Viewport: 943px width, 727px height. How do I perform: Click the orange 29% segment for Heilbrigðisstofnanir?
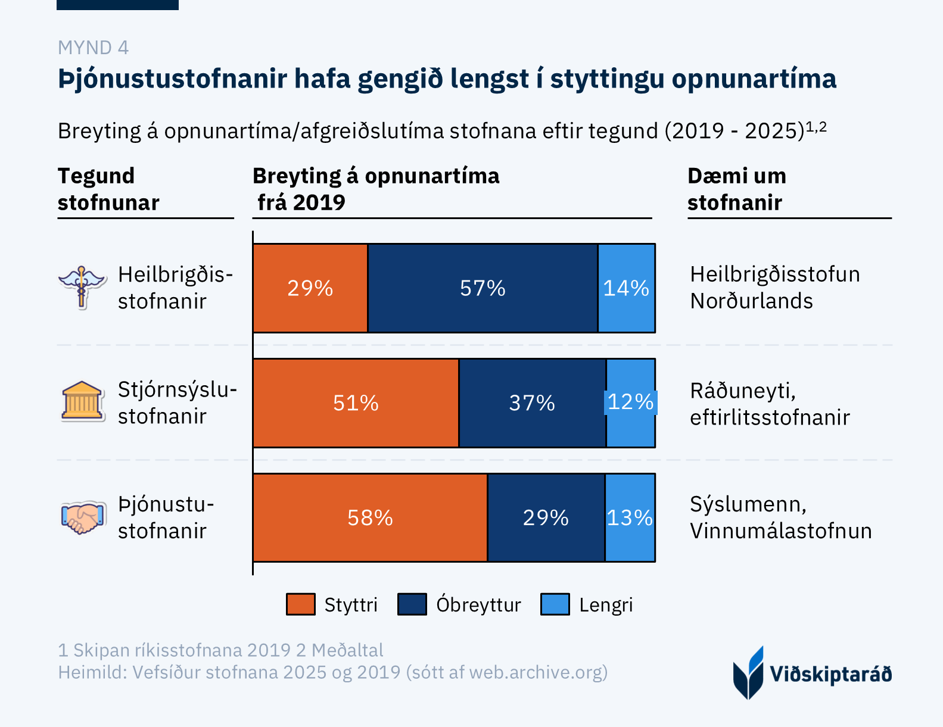point(310,288)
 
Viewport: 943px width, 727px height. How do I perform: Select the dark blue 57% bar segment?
point(483,288)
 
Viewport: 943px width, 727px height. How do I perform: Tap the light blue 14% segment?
point(627,288)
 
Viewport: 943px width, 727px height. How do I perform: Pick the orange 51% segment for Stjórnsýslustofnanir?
point(356,403)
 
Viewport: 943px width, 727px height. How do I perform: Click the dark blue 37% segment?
point(532,403)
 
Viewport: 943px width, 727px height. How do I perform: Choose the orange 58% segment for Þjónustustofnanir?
point(370,517)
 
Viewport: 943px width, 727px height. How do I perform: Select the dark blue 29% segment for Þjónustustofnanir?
point(546,517)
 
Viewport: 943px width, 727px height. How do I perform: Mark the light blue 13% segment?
point(630,517)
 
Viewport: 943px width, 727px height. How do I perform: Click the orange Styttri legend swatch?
point(301,604)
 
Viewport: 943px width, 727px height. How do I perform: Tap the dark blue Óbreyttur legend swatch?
point(412,604)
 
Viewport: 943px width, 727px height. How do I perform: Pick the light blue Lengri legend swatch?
point(555,604)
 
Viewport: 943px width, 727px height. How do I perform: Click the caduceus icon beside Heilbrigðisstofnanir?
point(82,287)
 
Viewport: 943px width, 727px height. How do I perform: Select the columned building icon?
point(82,401)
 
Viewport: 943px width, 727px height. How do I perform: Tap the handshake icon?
point(82,517)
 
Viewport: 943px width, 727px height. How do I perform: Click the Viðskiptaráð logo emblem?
point(748,673)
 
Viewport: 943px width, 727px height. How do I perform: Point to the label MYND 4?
point(94,48)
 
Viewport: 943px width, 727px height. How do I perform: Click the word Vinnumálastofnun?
point(781,531)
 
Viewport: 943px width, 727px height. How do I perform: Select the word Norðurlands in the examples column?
point(752,301)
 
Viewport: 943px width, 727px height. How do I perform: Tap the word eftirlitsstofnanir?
point(770,417)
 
